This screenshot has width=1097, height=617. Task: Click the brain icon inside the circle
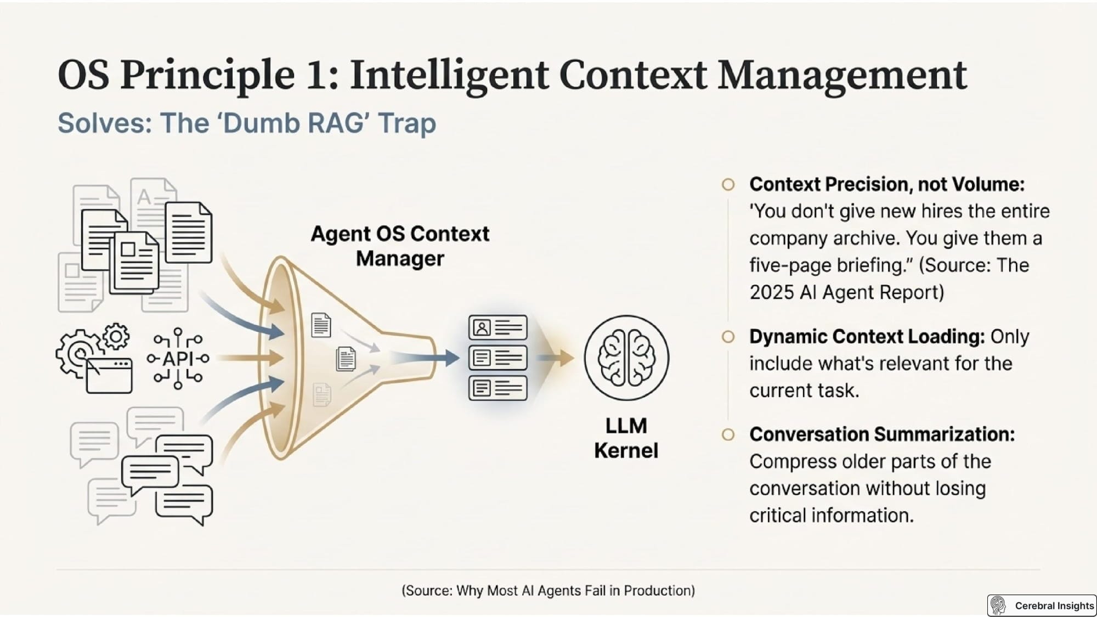[x=626, y=358]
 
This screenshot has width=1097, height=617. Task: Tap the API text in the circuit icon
[x=178, y=358]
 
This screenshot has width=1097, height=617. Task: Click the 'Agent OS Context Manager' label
[x=400, y=246]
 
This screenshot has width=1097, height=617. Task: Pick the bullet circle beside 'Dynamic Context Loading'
[x=728, y=337]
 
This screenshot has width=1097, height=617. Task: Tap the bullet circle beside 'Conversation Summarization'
[x=728, y=434]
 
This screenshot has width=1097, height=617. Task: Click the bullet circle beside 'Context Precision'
[x=728, y=185]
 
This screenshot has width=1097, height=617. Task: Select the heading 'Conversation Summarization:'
[x=882, y=434]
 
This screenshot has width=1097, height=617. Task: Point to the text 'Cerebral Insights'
[x=1054, y=605]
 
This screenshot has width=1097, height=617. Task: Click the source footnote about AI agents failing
[x=548, y=590]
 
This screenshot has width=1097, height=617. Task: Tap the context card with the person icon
[x=497, y=327]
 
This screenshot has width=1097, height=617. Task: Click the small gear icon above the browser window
[x=116, y=336]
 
